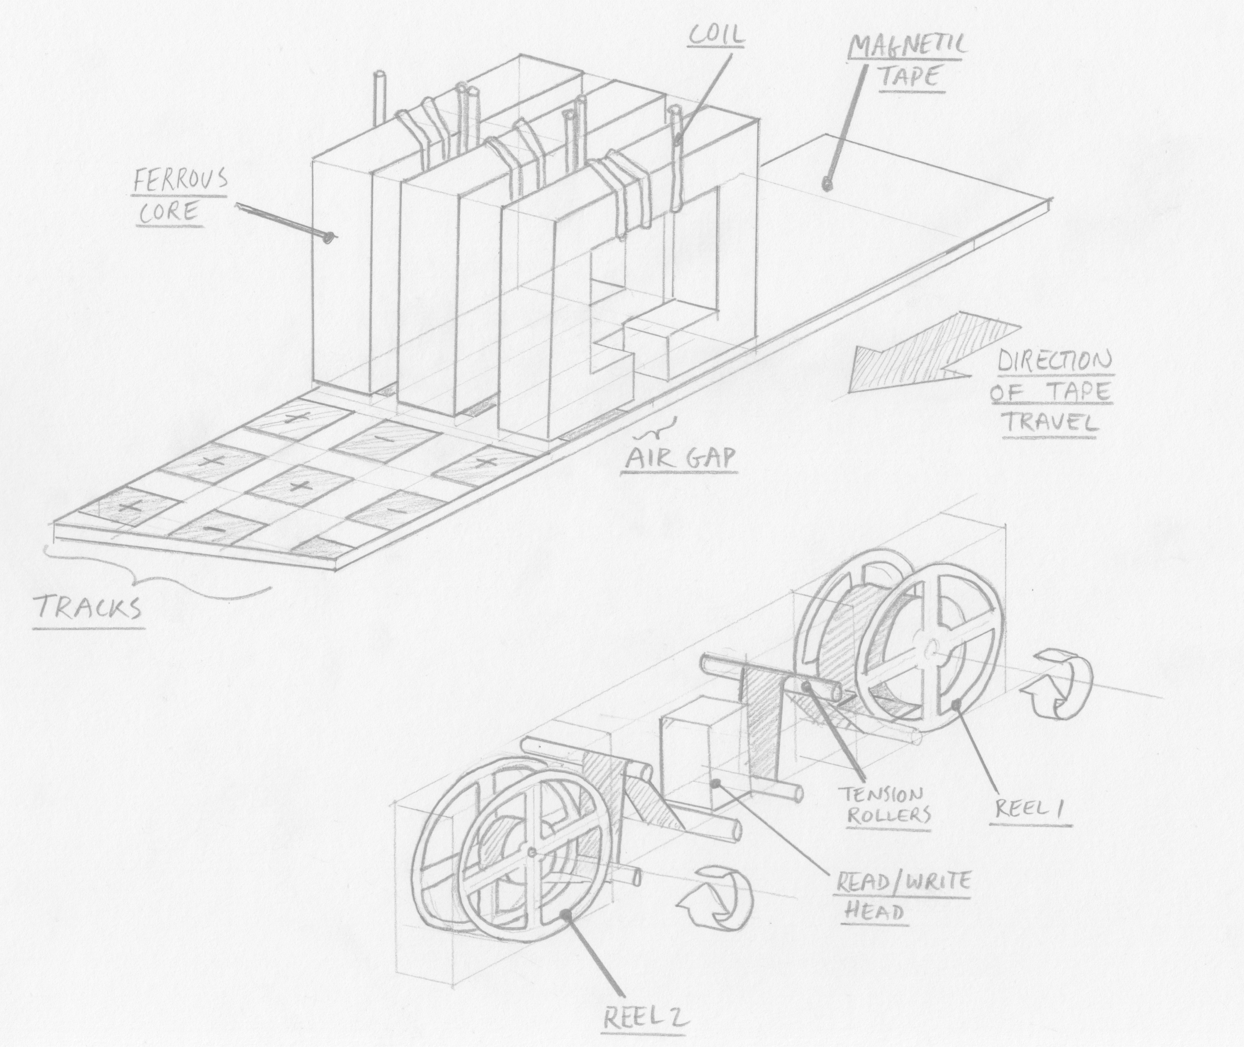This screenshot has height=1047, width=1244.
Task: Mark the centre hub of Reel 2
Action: [x=531, y=853]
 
